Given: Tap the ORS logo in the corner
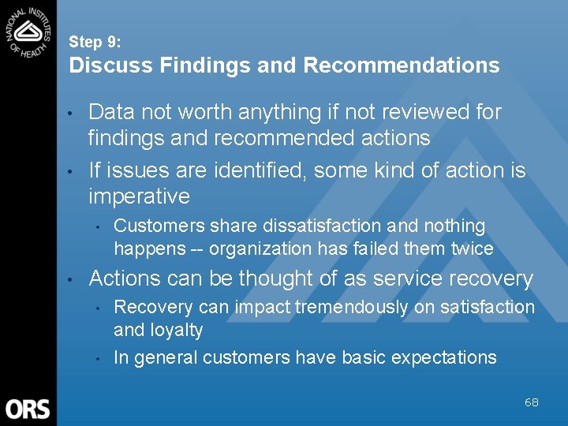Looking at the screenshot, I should tap(28, 409).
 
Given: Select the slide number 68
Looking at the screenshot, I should tap(531, 402).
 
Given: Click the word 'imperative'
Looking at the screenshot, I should tap(139, 196).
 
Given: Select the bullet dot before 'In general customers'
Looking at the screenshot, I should tap(97, 359).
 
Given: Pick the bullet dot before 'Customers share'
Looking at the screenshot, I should tap(97, 227).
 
